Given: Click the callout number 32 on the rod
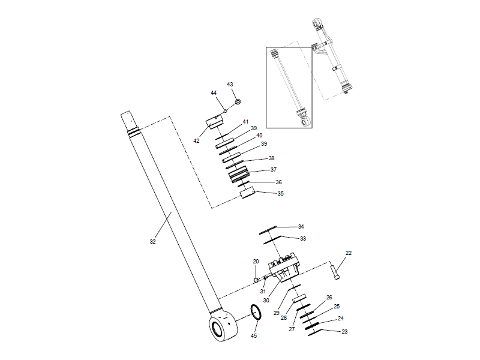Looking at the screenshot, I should (x=152, y=241).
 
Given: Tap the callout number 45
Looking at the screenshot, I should (x=253, y=335).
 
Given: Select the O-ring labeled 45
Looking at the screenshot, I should (x=256, y=311).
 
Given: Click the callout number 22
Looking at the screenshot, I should (x=348, y=253).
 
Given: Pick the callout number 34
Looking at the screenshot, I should (x=301, y=227).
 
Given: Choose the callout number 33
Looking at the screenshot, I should (x=303, y=238).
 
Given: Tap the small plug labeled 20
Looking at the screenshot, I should (x=256, y=279).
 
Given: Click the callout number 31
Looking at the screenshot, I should (x=262, y=291).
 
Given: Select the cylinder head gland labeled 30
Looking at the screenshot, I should (x=285, y=269).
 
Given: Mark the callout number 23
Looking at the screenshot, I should (x=344, y=331).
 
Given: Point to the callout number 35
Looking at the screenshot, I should (x=280, y=194).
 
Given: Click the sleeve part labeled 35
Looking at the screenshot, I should (x=248, y=194).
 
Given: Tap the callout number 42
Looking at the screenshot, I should (x=196, y=140).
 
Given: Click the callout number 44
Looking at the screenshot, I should (x=213, y=93).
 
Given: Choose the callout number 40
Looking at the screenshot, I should (x=259, y=136).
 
